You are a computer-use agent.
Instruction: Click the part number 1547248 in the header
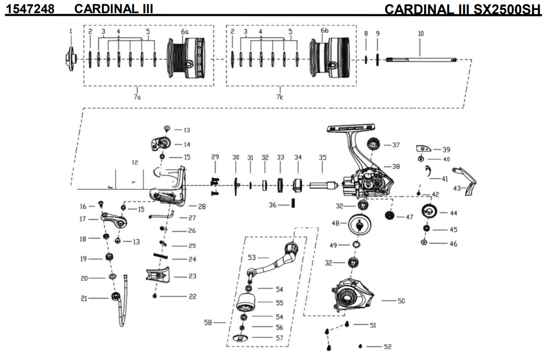point(30,8)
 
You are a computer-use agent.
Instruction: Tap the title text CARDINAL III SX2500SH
point(463,9)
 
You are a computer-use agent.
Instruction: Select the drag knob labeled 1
point(70,58)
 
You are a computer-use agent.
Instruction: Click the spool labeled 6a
point(186,58)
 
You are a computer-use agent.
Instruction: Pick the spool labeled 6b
point(328,58)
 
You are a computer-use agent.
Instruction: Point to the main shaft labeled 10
point(421,59)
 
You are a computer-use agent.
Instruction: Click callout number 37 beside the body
point(396,145)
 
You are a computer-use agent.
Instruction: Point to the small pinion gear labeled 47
point(390,215)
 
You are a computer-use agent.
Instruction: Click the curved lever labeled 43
point(467,181)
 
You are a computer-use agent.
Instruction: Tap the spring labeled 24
point(161,256)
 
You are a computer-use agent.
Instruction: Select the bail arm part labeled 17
point(114,219)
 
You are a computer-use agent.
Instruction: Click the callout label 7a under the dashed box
point(137,97)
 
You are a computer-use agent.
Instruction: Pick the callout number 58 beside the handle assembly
point(208,323)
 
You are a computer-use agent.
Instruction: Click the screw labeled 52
point(360,346)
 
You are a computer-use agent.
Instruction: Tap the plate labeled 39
point(424,148)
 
